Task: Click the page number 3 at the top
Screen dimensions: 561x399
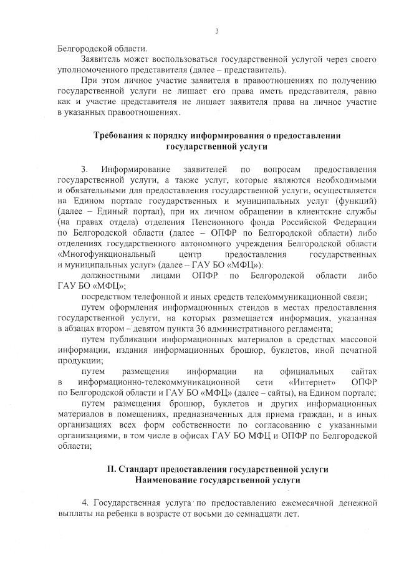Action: (216, 31)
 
